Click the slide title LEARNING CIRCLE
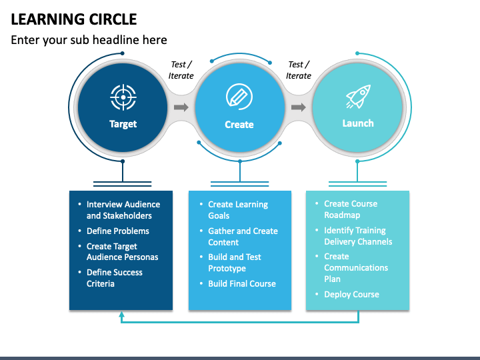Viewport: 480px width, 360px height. pos(74,19)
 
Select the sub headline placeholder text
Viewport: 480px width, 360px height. pos(89,40)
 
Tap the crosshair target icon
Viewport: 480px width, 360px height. pos(123,97)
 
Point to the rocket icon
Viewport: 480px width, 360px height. pos(358,97)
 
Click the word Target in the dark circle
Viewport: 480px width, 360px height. pos(123,124)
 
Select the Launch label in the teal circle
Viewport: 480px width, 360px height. pos(358,123)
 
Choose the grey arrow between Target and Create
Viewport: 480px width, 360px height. pos(181,107)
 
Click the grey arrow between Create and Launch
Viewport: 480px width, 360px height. pos(298,107)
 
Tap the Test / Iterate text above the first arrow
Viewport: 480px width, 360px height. pos(181,70)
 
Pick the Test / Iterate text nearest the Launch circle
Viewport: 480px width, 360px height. pos(299,70)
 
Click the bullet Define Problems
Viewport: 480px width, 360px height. pos(117,231)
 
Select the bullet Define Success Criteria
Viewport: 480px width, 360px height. pos(114,278)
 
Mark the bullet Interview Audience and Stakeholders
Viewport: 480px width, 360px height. pos(123,210)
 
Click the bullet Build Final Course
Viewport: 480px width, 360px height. pos(241,284)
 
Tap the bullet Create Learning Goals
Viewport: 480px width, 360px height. pos(237,210)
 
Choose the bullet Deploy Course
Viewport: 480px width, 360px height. pos(351,295)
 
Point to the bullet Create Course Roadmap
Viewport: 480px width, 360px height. pos(350,209)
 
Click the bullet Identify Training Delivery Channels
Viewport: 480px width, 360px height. pos(358,236)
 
